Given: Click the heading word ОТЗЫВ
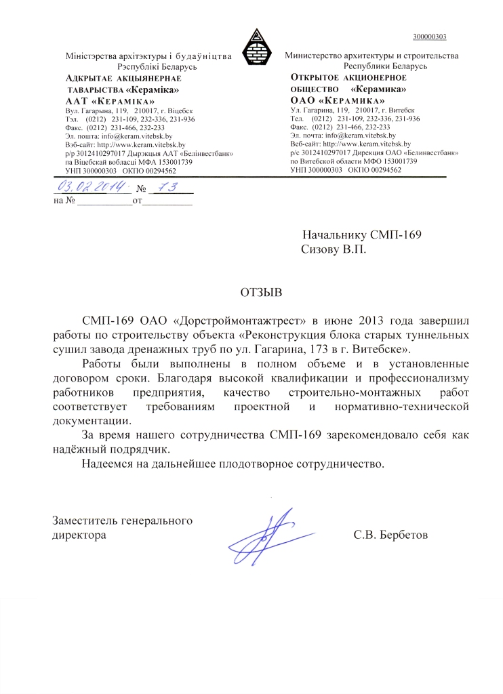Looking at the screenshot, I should tap(260, 293).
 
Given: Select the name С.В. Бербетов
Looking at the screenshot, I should tap(391, 535).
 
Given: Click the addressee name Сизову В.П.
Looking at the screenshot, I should tap(333, 249).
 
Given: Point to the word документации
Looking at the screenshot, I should tap(92, 420).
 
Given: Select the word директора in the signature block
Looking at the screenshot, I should tap(79, 535).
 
